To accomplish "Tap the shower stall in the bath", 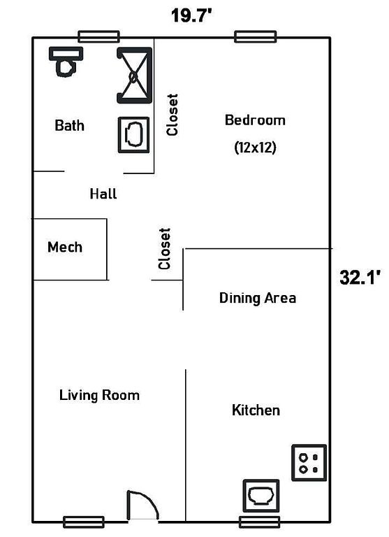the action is click(x=135, y=76).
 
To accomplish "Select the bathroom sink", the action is click(x=134, y=135).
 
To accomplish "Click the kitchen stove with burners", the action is click(x=309, y=463).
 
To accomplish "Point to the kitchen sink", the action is click(x=261, y=496).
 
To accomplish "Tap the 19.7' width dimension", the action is click(x=191, y=15).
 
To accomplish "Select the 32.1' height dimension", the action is click(x=360, y=277).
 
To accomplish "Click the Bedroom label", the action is click(x=255, y=120).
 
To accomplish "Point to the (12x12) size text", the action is click(x=255, y=148).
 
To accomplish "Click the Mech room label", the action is click(x=65, y=247).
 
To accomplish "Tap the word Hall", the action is click(x=103, y=194).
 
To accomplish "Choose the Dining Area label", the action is click(x=258, y=298).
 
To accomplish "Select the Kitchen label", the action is click(x=256, y=410).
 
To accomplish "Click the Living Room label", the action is click(x=100, y=395).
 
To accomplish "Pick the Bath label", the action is click(x=69, y=125).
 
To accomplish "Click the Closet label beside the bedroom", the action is click(x=172, y=115).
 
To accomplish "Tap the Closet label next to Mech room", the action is click(x=164, y=249).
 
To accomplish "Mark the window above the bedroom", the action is click(x=255, y=36).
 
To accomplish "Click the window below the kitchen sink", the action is click(x=260, y=522).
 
